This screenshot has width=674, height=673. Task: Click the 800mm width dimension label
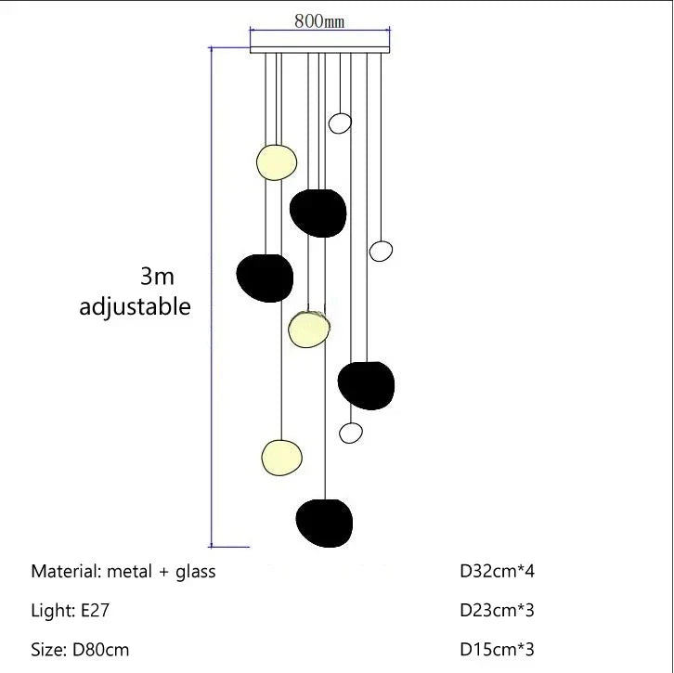(319, 22)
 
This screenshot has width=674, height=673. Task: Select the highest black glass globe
(318, 213)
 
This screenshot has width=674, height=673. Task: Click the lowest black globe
(324, 523)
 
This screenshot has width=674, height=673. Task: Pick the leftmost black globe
(265, 278)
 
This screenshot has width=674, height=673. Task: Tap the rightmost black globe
(366, 385)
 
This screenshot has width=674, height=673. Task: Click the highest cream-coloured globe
(277, 162)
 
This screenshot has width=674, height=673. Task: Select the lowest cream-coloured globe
(281, 456)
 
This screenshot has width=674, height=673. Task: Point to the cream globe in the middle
(309, 329)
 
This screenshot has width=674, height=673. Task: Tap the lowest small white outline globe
(351, 432)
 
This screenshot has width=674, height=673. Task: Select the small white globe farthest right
(381, 251)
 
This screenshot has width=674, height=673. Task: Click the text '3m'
(157, 276)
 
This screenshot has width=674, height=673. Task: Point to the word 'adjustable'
(135, 306)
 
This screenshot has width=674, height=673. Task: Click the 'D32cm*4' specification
(498, 571)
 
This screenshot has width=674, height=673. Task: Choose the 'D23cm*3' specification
(498, 610)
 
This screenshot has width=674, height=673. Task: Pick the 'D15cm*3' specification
(498, 649)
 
